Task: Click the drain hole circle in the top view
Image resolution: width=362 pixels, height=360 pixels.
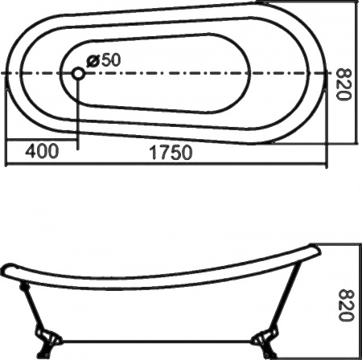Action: [77, 73]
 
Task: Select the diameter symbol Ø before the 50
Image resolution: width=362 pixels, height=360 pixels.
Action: [91, 60]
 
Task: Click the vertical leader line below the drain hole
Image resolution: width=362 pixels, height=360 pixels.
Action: [77, 112]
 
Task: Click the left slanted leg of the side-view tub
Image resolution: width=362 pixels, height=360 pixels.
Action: [32, 309]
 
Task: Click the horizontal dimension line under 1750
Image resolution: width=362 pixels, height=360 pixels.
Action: [161, 165]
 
